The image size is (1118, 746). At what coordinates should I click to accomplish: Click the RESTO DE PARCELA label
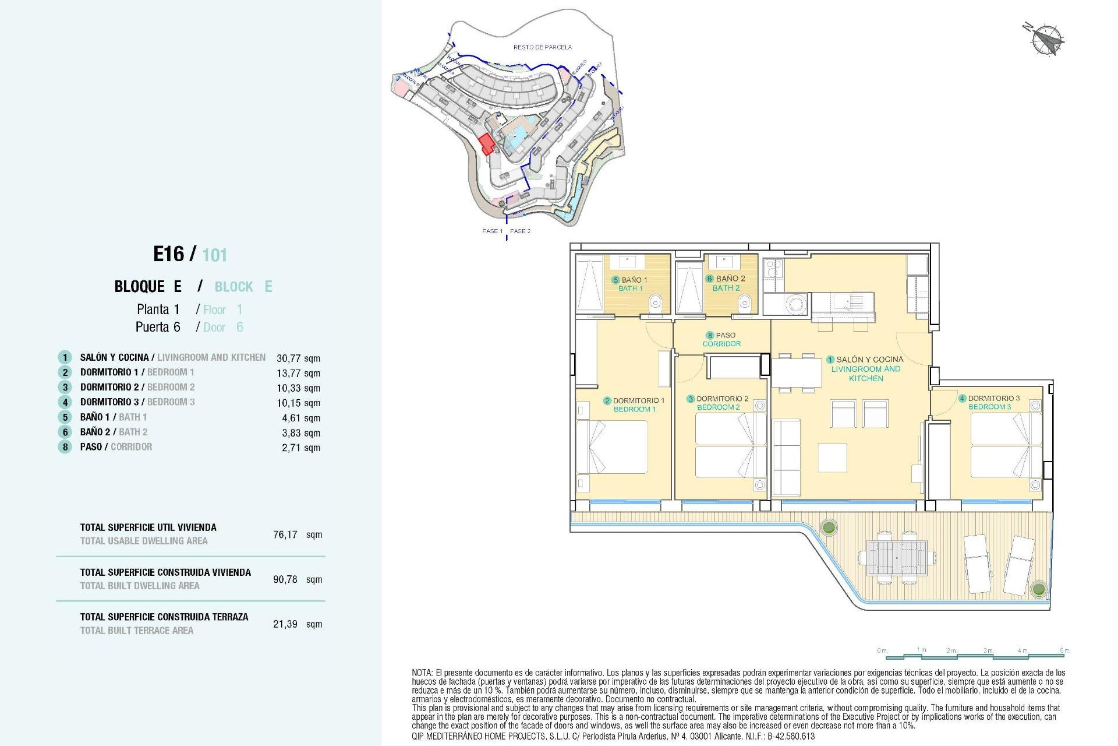pos(542,47)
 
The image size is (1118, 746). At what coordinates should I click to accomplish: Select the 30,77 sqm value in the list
pos(298,358)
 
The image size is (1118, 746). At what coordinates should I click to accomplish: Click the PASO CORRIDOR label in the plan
pos(721,339)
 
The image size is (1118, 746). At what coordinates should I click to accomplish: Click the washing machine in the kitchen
pos(795,304)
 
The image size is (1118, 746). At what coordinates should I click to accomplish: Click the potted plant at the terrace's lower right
pos(1038,589)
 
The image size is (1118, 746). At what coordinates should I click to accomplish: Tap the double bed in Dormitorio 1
pos(613,447)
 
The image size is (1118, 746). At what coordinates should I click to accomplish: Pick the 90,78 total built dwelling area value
pos(285,579)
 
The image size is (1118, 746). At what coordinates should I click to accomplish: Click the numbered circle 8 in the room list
pos(65,447)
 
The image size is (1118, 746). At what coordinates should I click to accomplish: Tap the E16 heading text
pos(168,254)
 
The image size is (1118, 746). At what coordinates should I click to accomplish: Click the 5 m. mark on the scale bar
pos(1064,650)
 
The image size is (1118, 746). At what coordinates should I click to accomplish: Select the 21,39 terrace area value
pos(285,624)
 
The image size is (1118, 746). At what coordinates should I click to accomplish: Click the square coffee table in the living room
pos(832,458)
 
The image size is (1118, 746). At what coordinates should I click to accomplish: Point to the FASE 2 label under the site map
pos(520,231)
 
